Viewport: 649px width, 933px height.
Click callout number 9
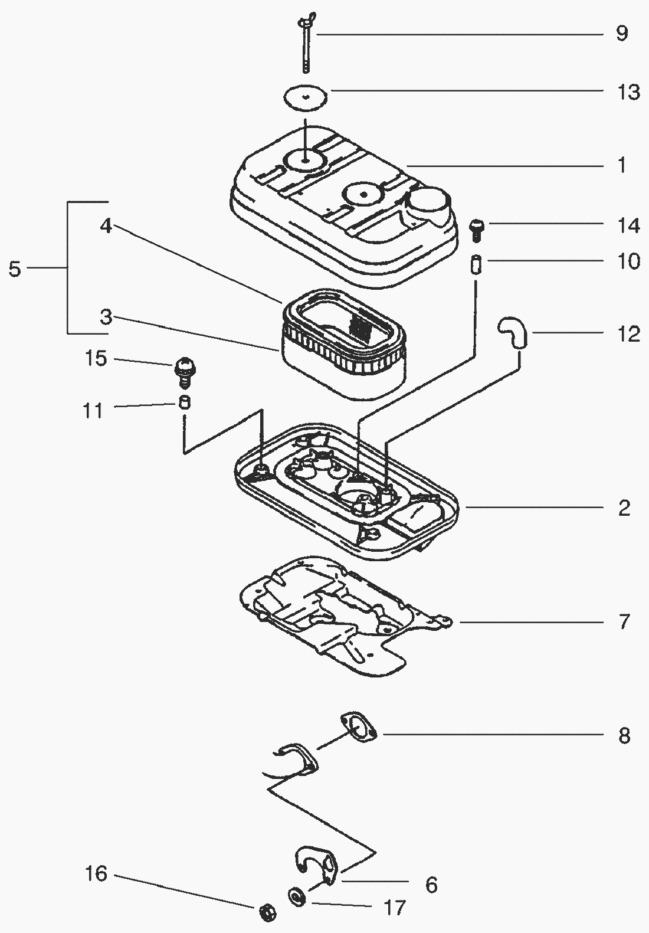622,34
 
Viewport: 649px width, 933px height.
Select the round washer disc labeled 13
305,97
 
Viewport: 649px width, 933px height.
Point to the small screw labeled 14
476,230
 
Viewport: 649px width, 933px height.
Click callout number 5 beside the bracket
15,270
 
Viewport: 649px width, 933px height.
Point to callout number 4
106,226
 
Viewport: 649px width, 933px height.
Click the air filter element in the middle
342,345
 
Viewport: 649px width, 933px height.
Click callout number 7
624,622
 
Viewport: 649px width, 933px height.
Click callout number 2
624,508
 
